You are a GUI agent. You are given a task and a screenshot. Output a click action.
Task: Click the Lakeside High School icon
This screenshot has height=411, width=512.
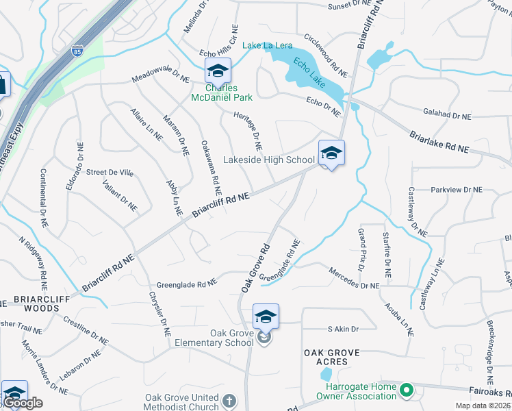coord(331,153)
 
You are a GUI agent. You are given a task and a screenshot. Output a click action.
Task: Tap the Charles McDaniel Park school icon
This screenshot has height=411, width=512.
coord(218,71)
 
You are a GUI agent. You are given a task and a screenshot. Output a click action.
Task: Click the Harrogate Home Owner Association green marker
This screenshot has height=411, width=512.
coord(407,391)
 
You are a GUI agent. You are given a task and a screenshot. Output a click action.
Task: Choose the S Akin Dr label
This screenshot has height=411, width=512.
coord(343,329)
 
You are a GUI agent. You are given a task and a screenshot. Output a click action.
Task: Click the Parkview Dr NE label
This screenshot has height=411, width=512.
coord(457,190)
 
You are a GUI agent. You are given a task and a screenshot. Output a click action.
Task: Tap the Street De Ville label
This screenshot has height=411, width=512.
coord(110,172)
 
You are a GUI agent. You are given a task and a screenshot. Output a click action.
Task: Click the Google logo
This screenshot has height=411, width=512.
coord(22,403)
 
